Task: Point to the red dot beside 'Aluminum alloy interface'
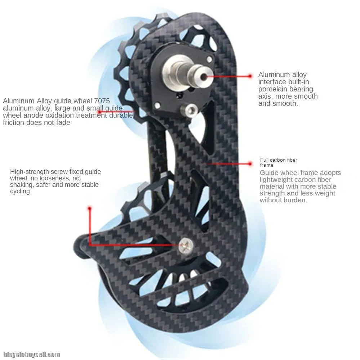(x=250, y=76)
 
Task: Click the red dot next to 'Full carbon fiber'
(x=250, y=164)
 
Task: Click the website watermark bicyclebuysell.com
(x=31, y=354)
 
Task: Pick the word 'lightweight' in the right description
(x=276, y=180)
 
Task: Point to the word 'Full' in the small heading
(x=264, y=160)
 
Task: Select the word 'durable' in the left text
(x=121, y=116)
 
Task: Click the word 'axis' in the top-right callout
(x=265, y=96)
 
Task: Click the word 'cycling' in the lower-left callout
(x=20, y=192)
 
